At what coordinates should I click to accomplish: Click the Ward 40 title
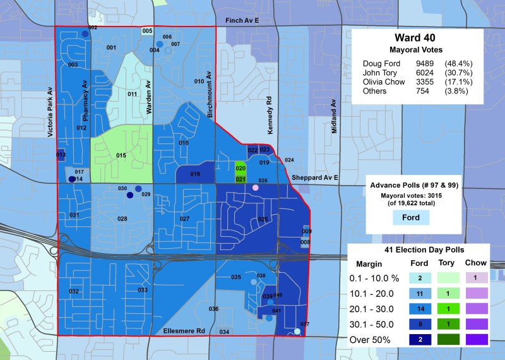(x=413, y=37)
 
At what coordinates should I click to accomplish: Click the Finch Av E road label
(x=242, y=21)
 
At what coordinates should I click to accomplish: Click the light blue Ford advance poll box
(x=412, y=218)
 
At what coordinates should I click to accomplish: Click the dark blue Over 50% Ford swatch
(x=437, y=339)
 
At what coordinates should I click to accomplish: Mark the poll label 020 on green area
(x=241, y=169)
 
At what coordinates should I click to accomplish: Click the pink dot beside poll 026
(x=256, y=188)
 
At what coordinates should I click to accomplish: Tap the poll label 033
(x=143, y=290)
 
